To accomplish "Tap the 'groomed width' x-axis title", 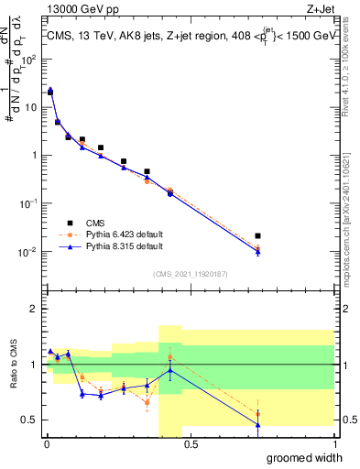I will pos(300,457).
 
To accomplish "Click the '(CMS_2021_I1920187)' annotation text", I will pos(191,273).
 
